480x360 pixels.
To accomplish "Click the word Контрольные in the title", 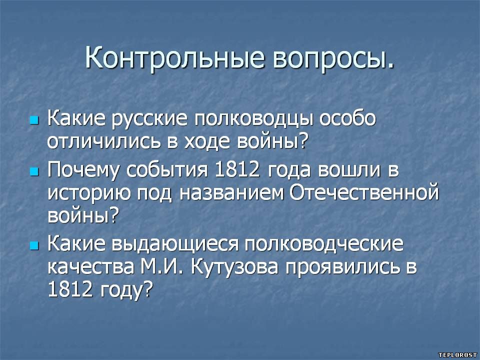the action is point(174,57).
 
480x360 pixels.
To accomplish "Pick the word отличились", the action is point(104,142).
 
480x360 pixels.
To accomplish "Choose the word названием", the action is point(231,193).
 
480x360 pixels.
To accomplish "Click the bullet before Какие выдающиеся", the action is point(34,245).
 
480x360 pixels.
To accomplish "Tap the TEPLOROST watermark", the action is point(457,355).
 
